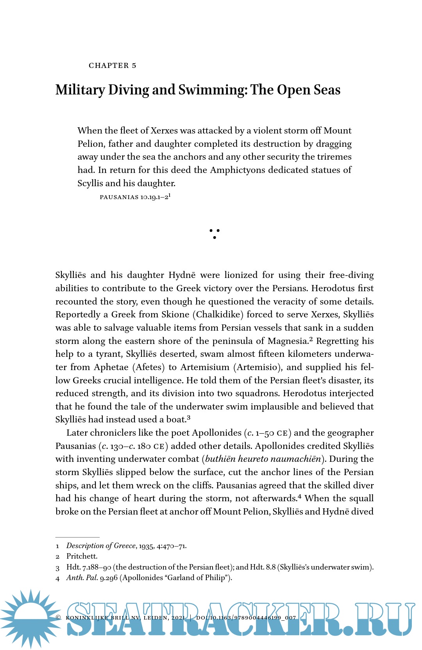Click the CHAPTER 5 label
point(113,66)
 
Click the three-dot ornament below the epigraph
point(215,233)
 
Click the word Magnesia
point(288,341)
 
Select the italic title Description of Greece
point(101,546)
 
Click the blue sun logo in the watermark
point(31,618)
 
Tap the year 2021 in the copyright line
point(178,618)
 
